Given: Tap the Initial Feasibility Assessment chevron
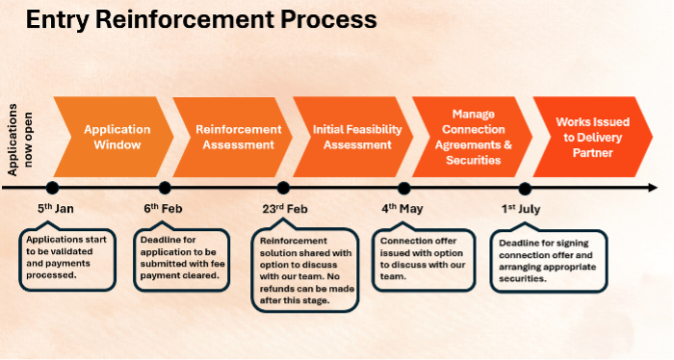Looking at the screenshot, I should pyautogui.click(x=350, y=137).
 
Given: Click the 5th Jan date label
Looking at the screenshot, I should pyautogui.click(x=55, y=208).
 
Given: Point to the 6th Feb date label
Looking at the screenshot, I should pyautogui.click(x=164, y=208).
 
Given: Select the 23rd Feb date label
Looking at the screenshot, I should pyautogui.click(x=284, y=208).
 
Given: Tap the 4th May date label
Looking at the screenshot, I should pyautogui.click(x=402, y=208).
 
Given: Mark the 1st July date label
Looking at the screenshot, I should pyautogui.click(x=523, y=208).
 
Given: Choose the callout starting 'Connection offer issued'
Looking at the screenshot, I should pyautogui.click(x=425, y=257).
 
